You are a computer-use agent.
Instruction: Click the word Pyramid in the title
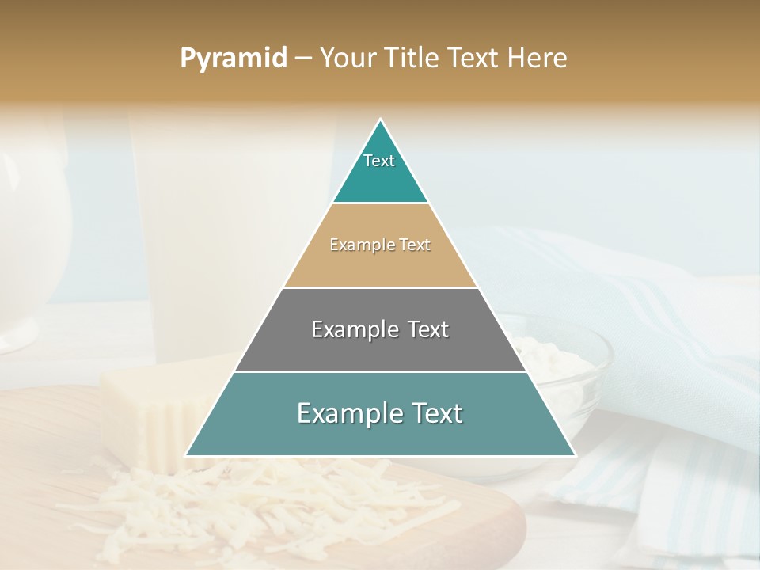pos(233,58)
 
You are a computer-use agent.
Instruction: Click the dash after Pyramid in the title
pos(302,59)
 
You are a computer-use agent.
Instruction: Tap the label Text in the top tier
pos(379,161)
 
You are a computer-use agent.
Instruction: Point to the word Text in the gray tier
pos(424,329)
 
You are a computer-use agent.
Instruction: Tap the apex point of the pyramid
pos(381,120)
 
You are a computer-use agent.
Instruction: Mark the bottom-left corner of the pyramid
pos(186,455)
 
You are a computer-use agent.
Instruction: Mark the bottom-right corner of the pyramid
pos(575,455)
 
